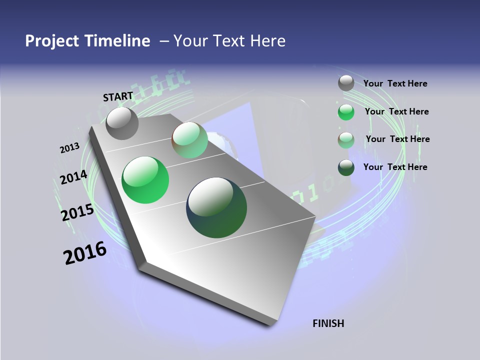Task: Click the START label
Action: pyautogui.click(x=118, y=96)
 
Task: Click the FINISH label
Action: pyautogui.click(x=328, y=323)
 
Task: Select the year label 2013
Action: pyautogui.click(x=70, y=148)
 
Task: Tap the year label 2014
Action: pyautogui.click(x=73, y=177)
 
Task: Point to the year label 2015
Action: pyautogui.click(x=77, y=212)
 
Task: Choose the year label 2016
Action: pyautogui.click(x=85, y=253)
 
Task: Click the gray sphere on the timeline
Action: pyautogui.click(x=122, y=123)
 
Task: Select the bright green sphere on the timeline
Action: pyautogui.click(x=145, y=180)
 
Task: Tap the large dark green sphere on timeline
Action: pyautogui.click(x=216, y=207)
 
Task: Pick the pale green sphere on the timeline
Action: pyautogui.click(x=189, y=140)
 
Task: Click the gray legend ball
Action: pyautogui.click(x=346, y=83)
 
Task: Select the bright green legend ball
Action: pyautogui.click(x=346, y=112)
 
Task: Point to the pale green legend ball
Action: pyautogui.click(x=346, y=140)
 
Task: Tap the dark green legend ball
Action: pyautogui.click(x=346, y=167)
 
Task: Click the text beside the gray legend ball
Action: pyautogui.click(x=395, y=83)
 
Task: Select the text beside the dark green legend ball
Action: pyautogui.click(x=395, y=167)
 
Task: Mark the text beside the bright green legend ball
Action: pyautogui.click(x=396, y=111)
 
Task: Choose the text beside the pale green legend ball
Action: pyautogui.click(x=397, y=139)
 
